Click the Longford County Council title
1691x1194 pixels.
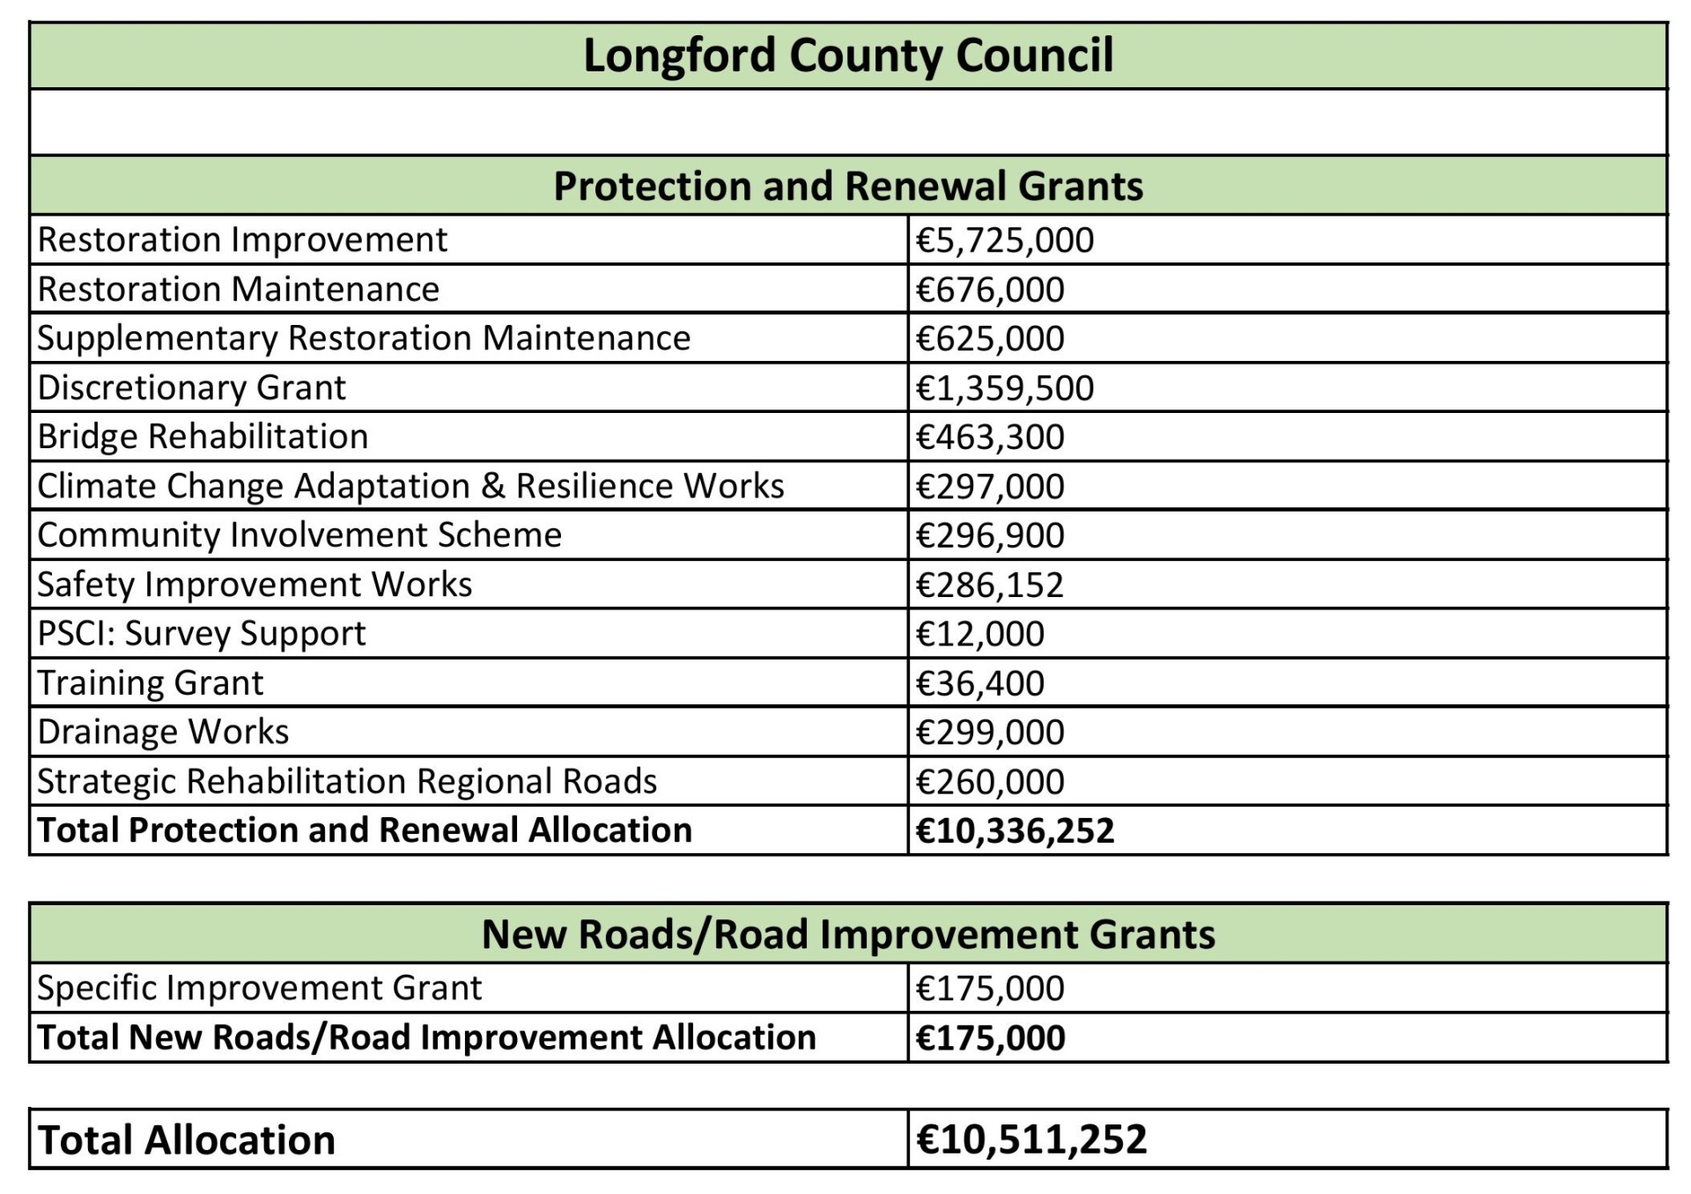tap(847, 55)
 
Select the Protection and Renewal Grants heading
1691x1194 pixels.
tap(847, 186)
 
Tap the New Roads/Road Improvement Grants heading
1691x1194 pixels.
tap(847, 934)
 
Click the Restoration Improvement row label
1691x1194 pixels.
tap(242, 240)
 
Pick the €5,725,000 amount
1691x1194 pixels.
tap(1004, 240)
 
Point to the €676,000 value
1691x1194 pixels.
tap(990, 290)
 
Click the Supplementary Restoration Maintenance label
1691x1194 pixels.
tap(364, 338)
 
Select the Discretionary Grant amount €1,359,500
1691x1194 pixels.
tap(1004, 388)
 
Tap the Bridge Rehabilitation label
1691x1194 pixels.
tap(203, 437)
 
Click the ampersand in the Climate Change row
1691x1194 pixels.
tap(493, 486)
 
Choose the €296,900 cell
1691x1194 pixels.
tap(990, 535)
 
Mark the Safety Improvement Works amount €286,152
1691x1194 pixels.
tap(990, 585)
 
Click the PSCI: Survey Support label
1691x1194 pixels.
tap(201, 634)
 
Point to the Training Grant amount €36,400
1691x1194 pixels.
tap(979, 683)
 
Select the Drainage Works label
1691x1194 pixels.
tap(163, 732)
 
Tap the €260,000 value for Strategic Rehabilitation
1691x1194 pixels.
tap(990, 782)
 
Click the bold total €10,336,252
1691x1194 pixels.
tap(1015, 830)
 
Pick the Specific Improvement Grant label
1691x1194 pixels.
tap(259, 988)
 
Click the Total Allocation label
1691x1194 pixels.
tap(187, 1139)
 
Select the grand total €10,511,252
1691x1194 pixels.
tap(1030, 1139)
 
